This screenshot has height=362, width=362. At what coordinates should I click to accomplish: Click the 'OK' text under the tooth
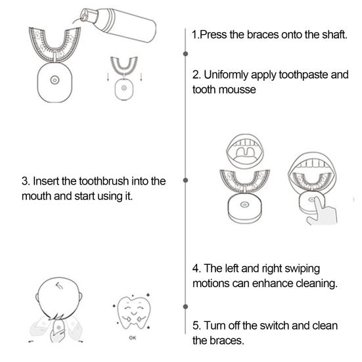(132, 339)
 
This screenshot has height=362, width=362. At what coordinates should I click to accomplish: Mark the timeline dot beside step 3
(186, 179)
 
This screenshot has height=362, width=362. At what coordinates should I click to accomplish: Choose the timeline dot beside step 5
(186, 307)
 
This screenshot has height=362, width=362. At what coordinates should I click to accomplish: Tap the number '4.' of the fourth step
(196, 269)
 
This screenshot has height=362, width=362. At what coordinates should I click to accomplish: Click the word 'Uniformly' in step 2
(231, 74)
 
